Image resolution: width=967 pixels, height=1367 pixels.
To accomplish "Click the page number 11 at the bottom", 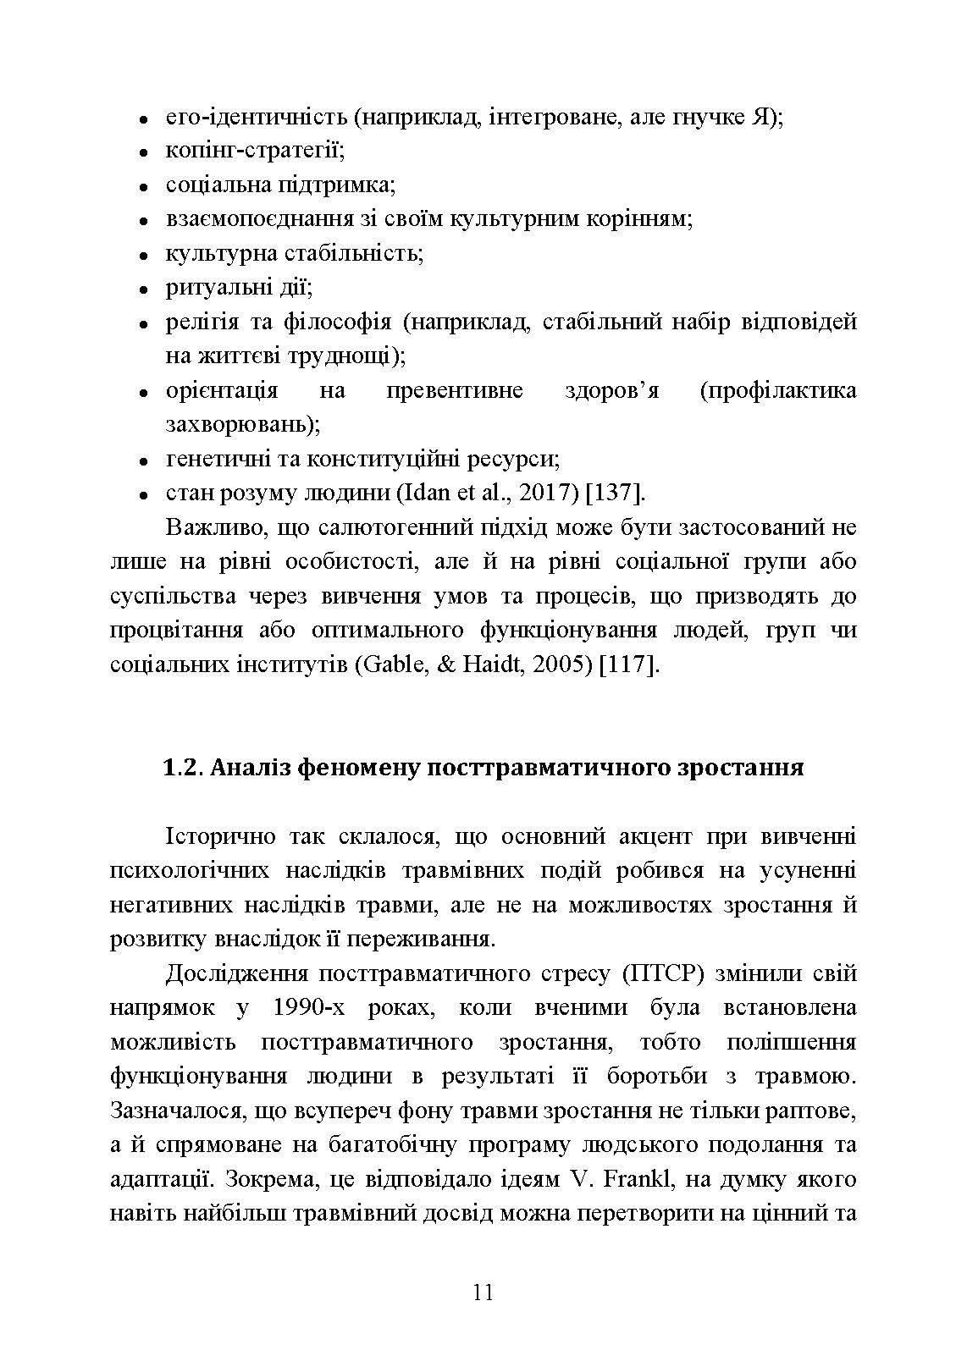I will click(x=483, y=1293).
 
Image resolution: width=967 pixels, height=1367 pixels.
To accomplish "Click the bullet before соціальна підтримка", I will click(x=145, y=185).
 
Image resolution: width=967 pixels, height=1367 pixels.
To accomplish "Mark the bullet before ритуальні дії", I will click(x=145, y=289).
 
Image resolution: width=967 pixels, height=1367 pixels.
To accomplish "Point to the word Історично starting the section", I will click(x=221, y=836).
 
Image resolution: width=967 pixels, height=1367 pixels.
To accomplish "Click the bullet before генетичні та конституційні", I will click(x=145, y=460).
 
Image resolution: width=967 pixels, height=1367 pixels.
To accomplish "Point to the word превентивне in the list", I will click(x=454, y=390).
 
